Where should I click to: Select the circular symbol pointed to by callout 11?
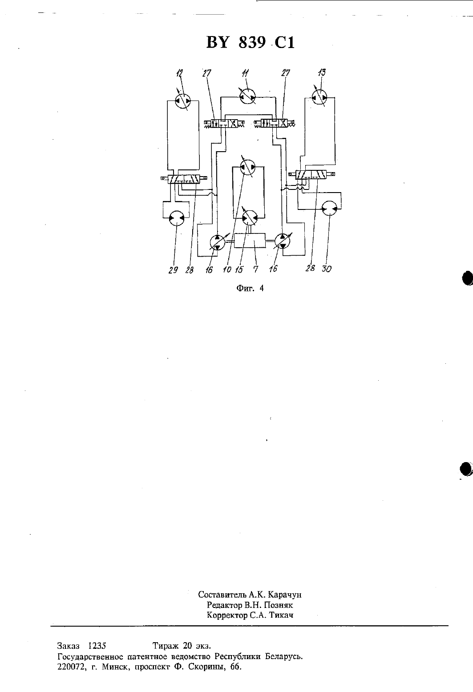pos(248,97)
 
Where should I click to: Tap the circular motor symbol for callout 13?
pos(319,98)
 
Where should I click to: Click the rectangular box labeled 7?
pos(250,240)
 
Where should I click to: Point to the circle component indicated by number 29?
pos(177,218)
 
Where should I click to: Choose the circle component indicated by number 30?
pos(330,209)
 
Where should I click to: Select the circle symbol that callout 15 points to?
pos(250,218)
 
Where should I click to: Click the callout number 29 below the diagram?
pos(173,270)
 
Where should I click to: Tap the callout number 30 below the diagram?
pos(327,269)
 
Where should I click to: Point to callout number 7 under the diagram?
pos(255,270)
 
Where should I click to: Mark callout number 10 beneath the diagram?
pos(227,270)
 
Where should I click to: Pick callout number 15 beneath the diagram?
pos(239,270)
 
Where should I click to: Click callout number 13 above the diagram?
pos(322,72)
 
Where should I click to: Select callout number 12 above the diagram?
pos(179,73)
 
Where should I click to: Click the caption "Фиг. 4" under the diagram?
pos(250,289)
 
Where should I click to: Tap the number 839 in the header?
pos(252,43)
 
